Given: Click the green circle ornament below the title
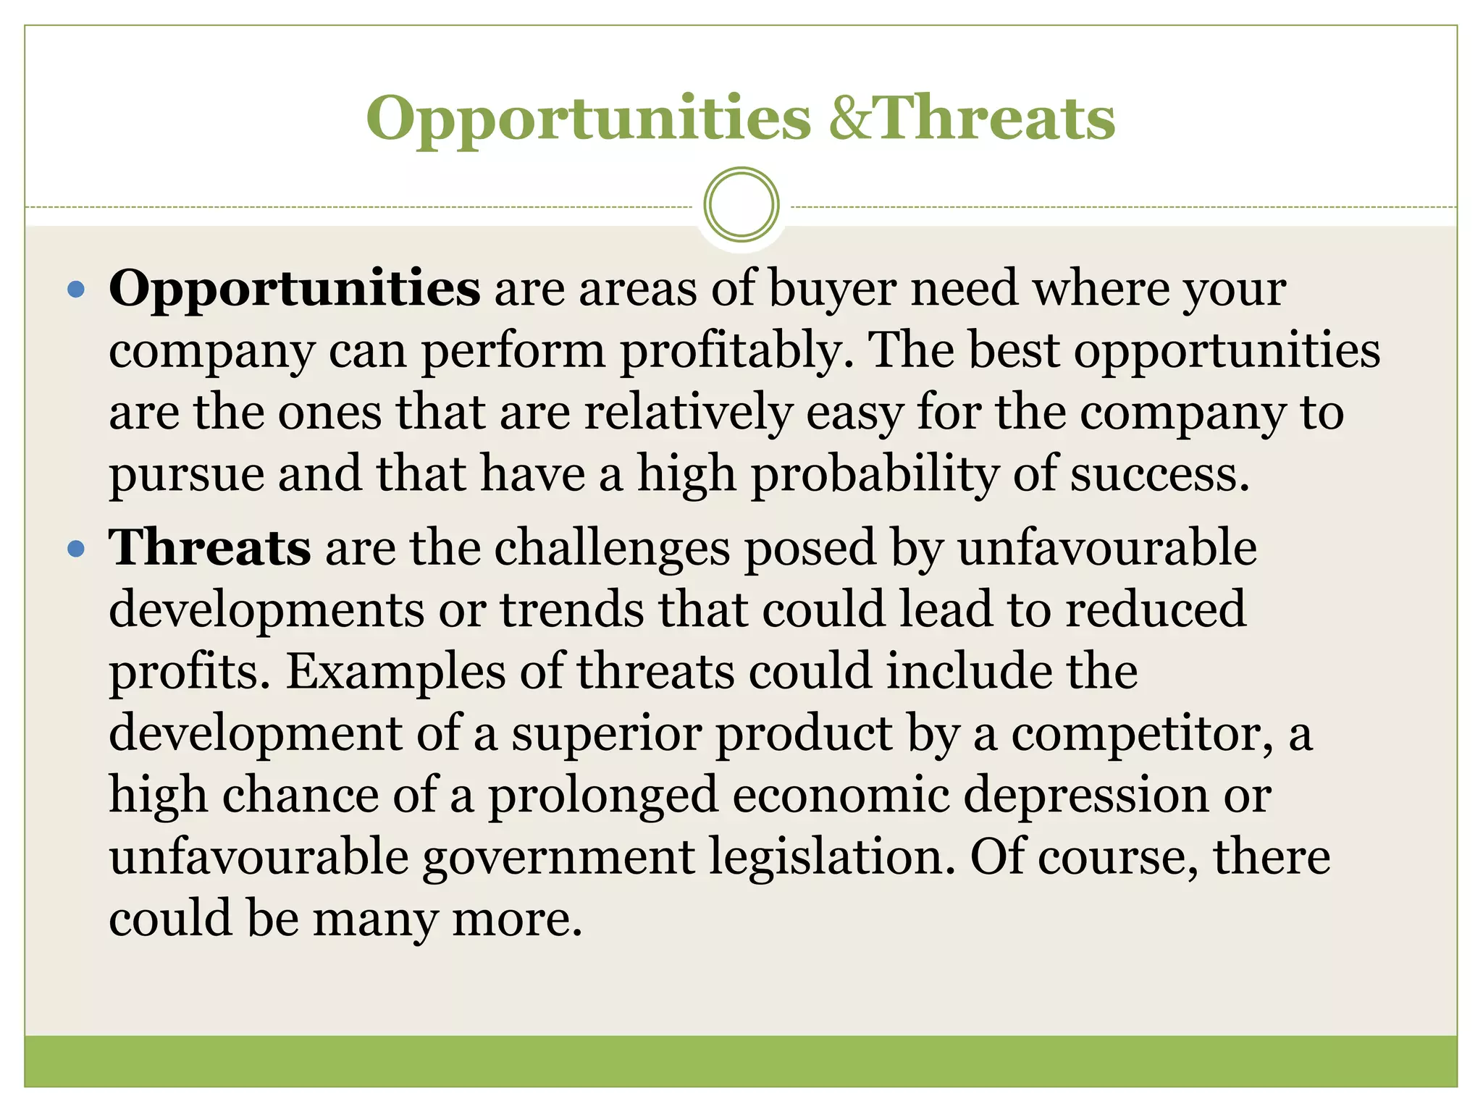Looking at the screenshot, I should click(741, 204).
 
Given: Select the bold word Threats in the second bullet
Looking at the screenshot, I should click(210, 548).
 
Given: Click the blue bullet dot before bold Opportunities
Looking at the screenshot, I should click(75, 291).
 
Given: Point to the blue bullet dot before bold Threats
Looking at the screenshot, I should click(75, 549).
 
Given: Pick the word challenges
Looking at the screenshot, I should click(613, 548).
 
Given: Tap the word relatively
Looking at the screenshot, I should click(688, 413).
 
